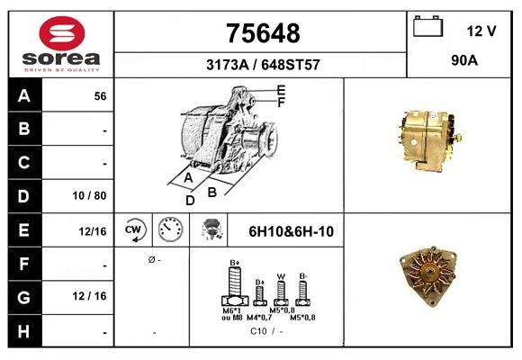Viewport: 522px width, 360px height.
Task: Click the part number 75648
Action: tap(262, 33)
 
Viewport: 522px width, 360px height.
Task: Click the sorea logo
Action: tap(61, 42)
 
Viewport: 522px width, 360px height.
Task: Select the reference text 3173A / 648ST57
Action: tap(262, 66)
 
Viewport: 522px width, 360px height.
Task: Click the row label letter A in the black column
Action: tap(23, 95)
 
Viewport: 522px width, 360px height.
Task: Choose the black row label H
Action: tap(23, 331)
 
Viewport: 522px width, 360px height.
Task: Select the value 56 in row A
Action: tap(101, 96)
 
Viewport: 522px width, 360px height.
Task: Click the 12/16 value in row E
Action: tap(93, 231)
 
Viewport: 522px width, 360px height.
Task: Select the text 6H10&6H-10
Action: tap(291, 231)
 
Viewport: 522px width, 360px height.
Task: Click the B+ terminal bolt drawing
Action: tap(236, 287)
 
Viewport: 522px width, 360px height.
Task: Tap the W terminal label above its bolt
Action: tap(281, 276)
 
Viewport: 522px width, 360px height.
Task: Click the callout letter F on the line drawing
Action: tap(281, 102)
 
